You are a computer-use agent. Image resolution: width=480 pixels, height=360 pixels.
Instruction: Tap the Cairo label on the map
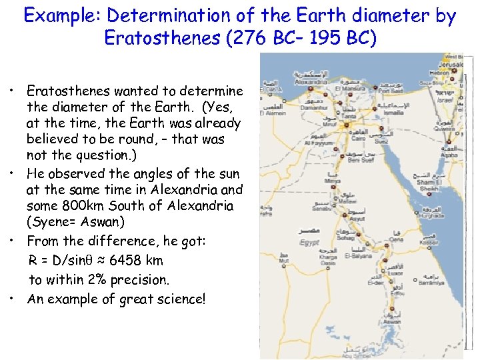[x=358, y=139]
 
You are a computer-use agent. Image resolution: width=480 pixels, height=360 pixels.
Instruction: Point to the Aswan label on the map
[x=392, y=321]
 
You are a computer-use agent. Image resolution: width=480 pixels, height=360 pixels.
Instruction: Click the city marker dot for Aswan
[x=393, y=313]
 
